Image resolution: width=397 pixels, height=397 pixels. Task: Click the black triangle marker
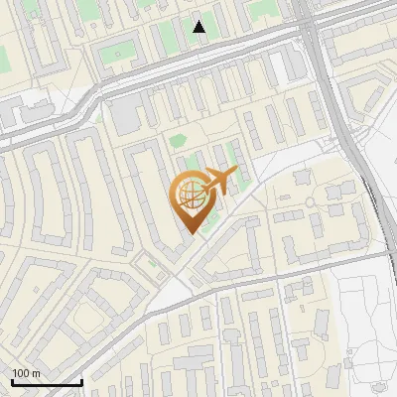coord(199,27)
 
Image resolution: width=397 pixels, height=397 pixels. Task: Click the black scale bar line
coord(46,382)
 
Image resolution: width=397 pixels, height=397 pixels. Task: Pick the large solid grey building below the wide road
coord(125,117)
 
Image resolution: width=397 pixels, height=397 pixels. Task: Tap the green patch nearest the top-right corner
coord(263,10)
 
